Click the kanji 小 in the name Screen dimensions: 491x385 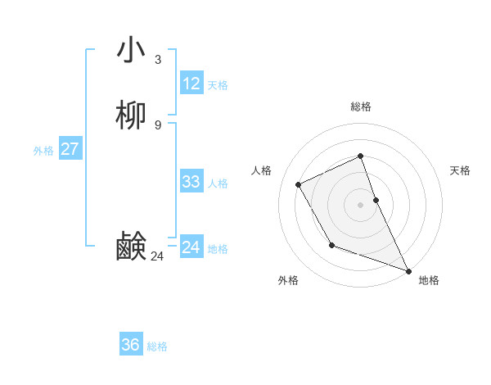(132, 50)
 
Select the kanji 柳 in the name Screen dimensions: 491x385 (132, 115)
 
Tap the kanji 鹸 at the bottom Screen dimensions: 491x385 (132, 246)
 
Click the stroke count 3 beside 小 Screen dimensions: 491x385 (157, 59)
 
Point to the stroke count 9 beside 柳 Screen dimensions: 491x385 (157, 125)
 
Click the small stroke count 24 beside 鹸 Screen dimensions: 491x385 (157, 256)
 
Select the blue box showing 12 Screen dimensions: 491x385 (191, 84)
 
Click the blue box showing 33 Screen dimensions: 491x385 (191, 182)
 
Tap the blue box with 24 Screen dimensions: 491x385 (191, 247)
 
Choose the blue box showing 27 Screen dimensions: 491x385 (70, 149)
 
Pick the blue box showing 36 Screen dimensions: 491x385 (131, 345)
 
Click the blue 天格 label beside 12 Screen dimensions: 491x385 (218, 85)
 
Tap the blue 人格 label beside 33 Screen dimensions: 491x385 (218, 183)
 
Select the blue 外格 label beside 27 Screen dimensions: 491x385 (43, 151)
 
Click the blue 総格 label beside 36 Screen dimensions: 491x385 (157, 346)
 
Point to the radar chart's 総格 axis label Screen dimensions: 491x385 (360, 106)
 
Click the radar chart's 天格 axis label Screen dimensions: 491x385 (460, 170)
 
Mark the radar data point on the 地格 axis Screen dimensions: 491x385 (409, 271)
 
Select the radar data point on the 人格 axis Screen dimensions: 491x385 (299, 184)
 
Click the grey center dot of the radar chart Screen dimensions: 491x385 (360, 204)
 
